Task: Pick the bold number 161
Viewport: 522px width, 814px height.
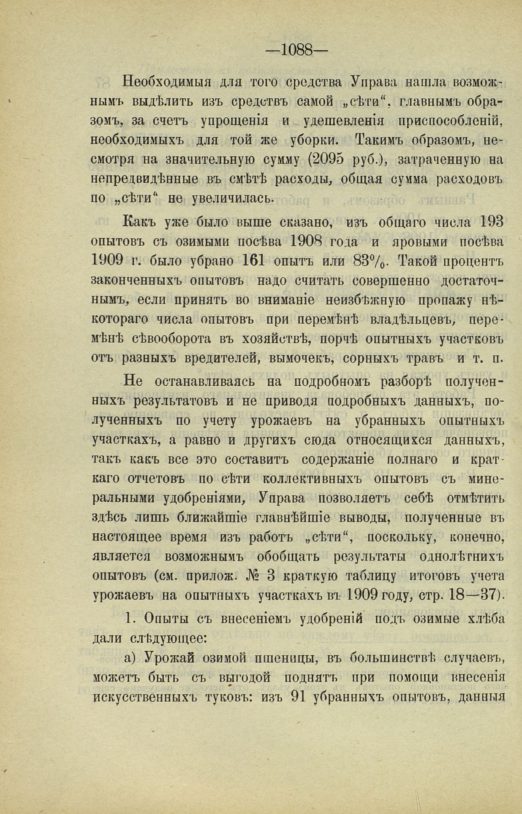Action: click(x=254, y=260)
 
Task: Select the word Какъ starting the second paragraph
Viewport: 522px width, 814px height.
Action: click(x=137, y=221)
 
